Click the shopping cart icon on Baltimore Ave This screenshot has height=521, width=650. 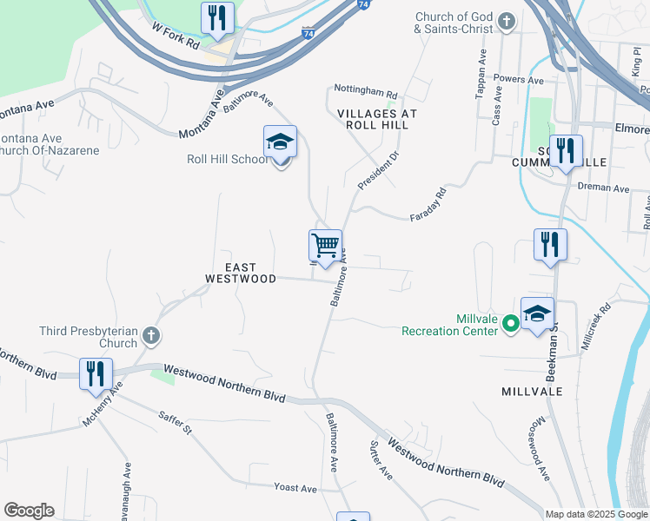pos(325,246)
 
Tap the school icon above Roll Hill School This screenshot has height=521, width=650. pos(280,142)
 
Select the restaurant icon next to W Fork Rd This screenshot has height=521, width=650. pos(216,18)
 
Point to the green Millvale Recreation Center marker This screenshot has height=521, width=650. pos(512,324)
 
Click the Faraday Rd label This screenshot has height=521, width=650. pos(428,203)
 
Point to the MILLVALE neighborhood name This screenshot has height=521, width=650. pos(532,392)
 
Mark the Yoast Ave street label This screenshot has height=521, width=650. pos(295,488)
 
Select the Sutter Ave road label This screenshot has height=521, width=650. pos(382,459)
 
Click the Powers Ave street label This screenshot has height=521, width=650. pos(518,80)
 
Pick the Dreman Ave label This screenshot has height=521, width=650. pos(608,188)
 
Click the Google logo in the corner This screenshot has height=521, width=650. pos(29,511)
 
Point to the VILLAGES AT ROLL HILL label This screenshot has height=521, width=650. pos(377,120)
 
